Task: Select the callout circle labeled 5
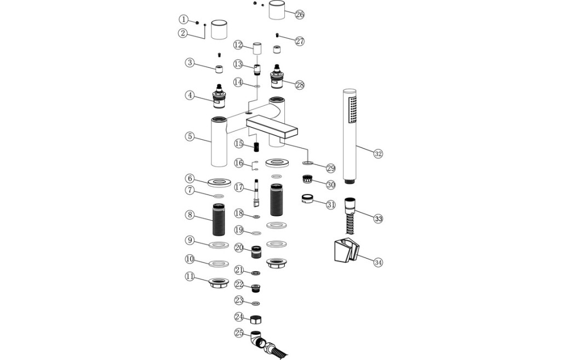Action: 190,136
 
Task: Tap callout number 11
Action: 190,277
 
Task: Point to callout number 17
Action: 238,187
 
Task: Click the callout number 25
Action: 238,333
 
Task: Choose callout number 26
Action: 299,14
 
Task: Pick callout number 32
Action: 377,153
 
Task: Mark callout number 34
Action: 377,262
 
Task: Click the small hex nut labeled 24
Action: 256,318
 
